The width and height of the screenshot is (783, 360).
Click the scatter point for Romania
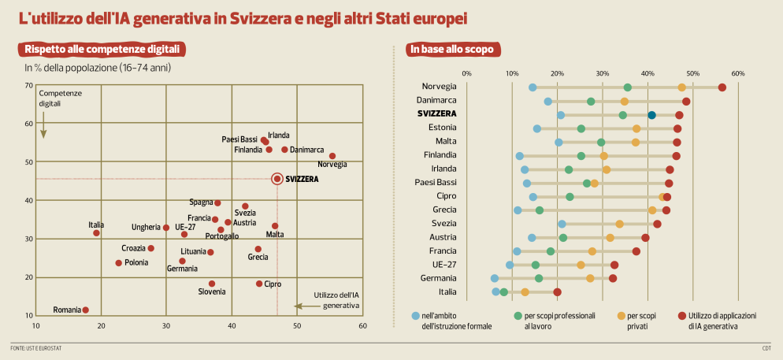click(85, 310)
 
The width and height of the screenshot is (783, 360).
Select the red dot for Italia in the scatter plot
click(96, 233)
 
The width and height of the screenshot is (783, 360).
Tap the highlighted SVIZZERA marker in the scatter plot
click(277, 179)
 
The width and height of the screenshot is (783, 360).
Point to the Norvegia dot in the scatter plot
click(332, 156)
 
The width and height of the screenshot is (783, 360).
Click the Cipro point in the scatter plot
click(259, 284)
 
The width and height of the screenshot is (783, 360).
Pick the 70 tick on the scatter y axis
click(28, 85)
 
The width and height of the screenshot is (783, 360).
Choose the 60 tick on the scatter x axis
click(362, 325)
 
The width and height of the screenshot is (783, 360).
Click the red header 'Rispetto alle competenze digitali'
click(102, 50)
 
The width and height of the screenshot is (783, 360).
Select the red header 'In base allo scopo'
click(452, 50)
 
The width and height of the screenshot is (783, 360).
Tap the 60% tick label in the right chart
click(738, 74)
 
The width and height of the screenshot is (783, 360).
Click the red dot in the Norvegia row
click(722, 87)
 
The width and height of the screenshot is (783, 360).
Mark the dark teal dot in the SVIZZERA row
click(652, 115)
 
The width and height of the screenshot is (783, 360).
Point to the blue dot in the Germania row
click(495, 278)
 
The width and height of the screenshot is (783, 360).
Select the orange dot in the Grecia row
click(652, 210)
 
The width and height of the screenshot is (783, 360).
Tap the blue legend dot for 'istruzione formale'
click(416, 315)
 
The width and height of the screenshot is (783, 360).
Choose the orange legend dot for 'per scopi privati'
click(621, 315)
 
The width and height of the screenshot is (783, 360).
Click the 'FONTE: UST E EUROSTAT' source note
click(36, 347)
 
